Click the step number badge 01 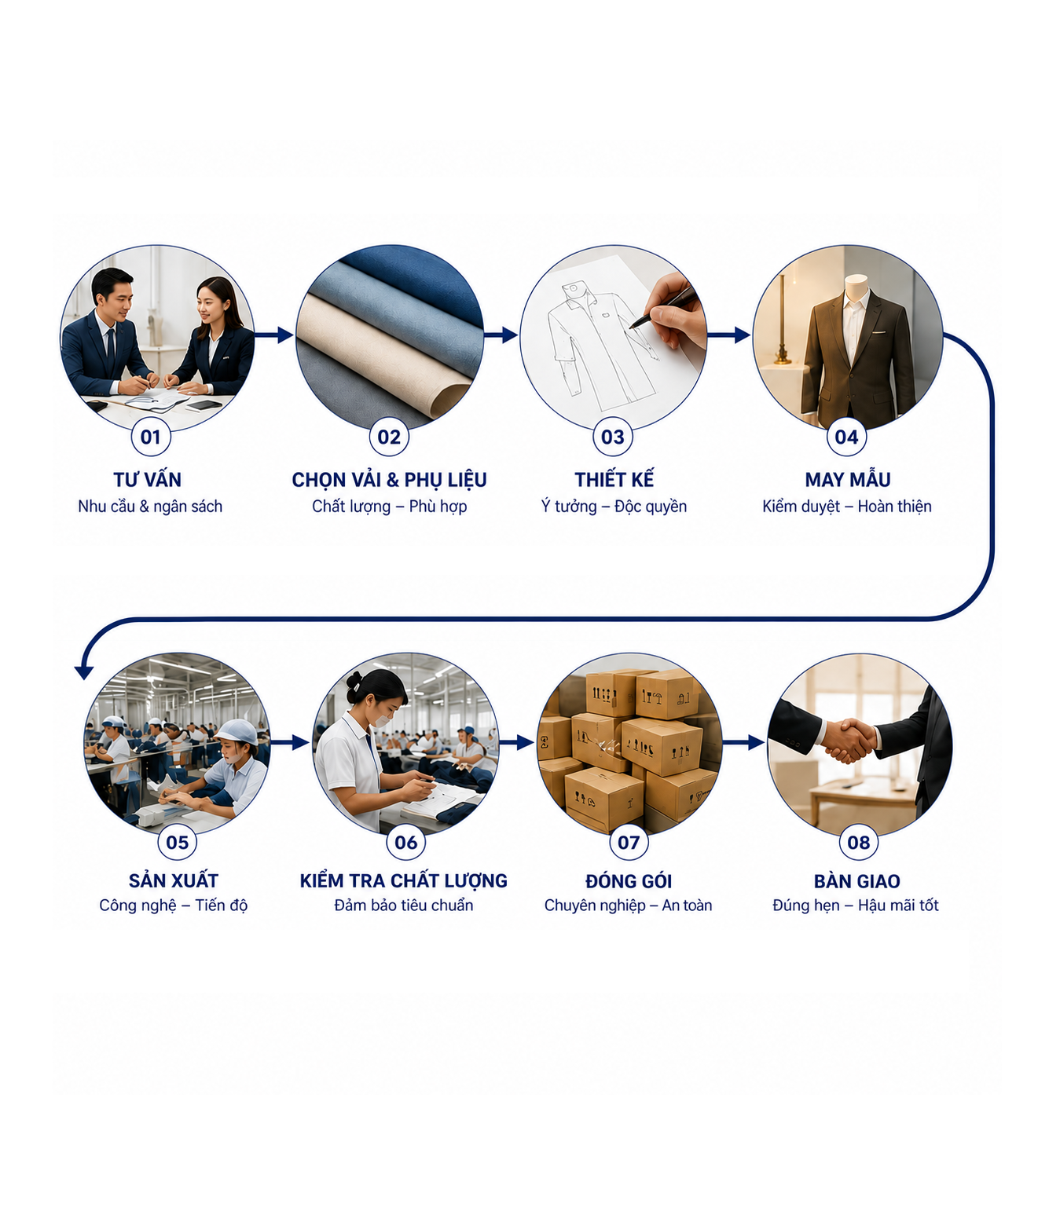click(x=151, y=437)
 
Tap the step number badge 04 click(x=846, y=437)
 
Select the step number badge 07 click(x=629, y=842)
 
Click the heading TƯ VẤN click(x=147, y=479)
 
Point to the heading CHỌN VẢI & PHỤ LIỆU click(x=389, y=480)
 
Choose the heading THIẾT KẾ click(x=614, y=479)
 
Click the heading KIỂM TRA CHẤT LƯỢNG click(x=404, y=880)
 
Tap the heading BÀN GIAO click(x=856, y=881)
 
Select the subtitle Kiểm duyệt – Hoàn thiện click(x=846, y=507)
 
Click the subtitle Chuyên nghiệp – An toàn click(x=629, y=906)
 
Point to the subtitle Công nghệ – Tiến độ click(x=174, y=906)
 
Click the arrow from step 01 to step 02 click(x=274, y=335)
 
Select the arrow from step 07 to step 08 click(x=743, y=742)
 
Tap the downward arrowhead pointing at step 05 click(x=84, y=672)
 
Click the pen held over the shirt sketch click(x=663, y=307)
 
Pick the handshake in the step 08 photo click(x=849, y=740)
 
